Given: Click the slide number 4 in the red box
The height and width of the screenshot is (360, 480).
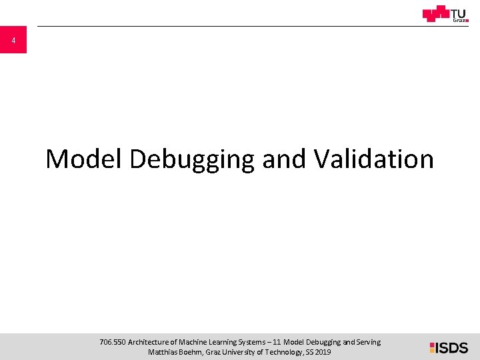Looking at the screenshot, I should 13,41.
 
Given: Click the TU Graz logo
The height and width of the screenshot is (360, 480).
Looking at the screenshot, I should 445,13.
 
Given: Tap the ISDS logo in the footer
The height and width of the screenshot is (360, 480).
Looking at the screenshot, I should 449,347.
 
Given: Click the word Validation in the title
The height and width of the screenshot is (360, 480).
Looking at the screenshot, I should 373,159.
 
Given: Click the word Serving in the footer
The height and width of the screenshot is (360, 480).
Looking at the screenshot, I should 367,342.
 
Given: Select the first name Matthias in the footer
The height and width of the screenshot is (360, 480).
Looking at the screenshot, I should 163,352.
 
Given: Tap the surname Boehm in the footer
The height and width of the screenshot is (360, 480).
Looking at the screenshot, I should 194,352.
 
